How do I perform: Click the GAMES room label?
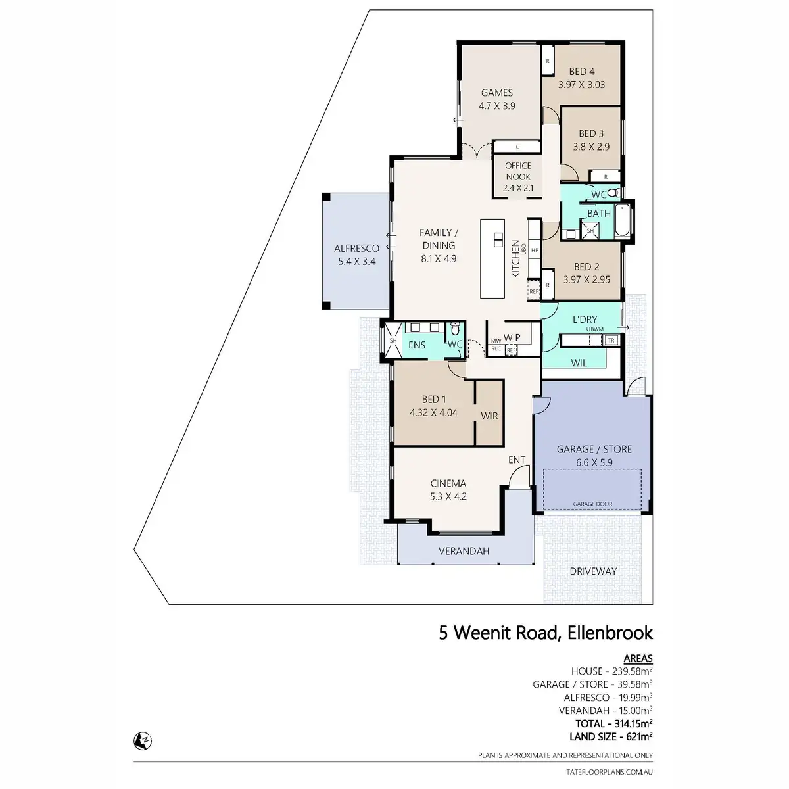tap(496, 93)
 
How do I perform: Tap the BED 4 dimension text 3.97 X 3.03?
tap(581, 85)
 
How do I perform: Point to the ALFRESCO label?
tap(356, 249)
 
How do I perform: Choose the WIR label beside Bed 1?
tap(489, 416)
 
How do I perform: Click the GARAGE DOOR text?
tap(592, 504)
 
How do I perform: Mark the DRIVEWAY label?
tap(593, 571)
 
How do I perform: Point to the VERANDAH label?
tap(464, 552)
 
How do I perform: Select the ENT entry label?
tap(517, 460)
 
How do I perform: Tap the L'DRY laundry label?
tap(585, 320)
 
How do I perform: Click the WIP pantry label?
tap(512, 337)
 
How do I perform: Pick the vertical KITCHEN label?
tap(515, 258)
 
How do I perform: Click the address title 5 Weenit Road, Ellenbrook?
tap(546, 633)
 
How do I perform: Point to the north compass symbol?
tap(140, 740)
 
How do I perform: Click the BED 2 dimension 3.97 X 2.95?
tap(586, 279)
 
